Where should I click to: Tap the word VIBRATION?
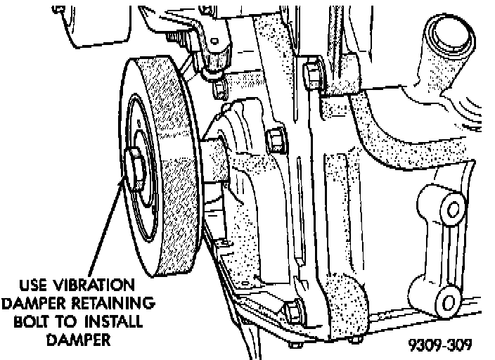pyautogui.click(x=100, y=287)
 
